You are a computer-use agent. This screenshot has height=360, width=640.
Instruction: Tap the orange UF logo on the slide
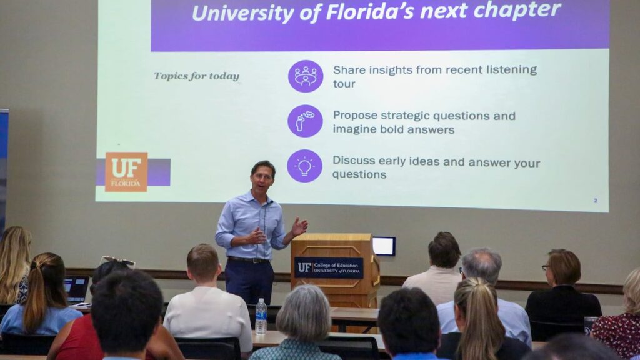pyautogui.click(x=126, y=171)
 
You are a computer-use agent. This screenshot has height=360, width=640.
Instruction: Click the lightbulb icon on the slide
pyautogui.click(x=304, y=166)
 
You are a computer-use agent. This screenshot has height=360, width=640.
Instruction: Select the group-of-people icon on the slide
pyautogui.click(x=306, y=76)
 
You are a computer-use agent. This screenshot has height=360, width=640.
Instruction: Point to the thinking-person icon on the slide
pyautogui.click(x=305, y=121)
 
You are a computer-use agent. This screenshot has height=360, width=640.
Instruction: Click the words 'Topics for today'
pyautogui.click(x=197, y=76)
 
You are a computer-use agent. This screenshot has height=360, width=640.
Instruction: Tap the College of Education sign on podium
pyautogui.click(x=328, y=267)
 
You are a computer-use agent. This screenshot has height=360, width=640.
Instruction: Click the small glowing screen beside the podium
pyautogui.click(x=384, y=246)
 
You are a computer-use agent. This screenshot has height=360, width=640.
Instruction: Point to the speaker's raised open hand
pyautogui.click(x=299, y=226)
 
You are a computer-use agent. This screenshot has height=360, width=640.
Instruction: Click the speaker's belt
pyautogui.click(x=248, y=260)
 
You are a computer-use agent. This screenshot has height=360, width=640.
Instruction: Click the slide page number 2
pyautogui.click(x=595, y=201)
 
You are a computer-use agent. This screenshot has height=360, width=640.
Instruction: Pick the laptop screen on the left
pyautogui.click(x=76, y=289)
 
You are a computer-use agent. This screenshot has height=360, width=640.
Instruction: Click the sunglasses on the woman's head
pyautogui.click(x=117, y=260)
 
